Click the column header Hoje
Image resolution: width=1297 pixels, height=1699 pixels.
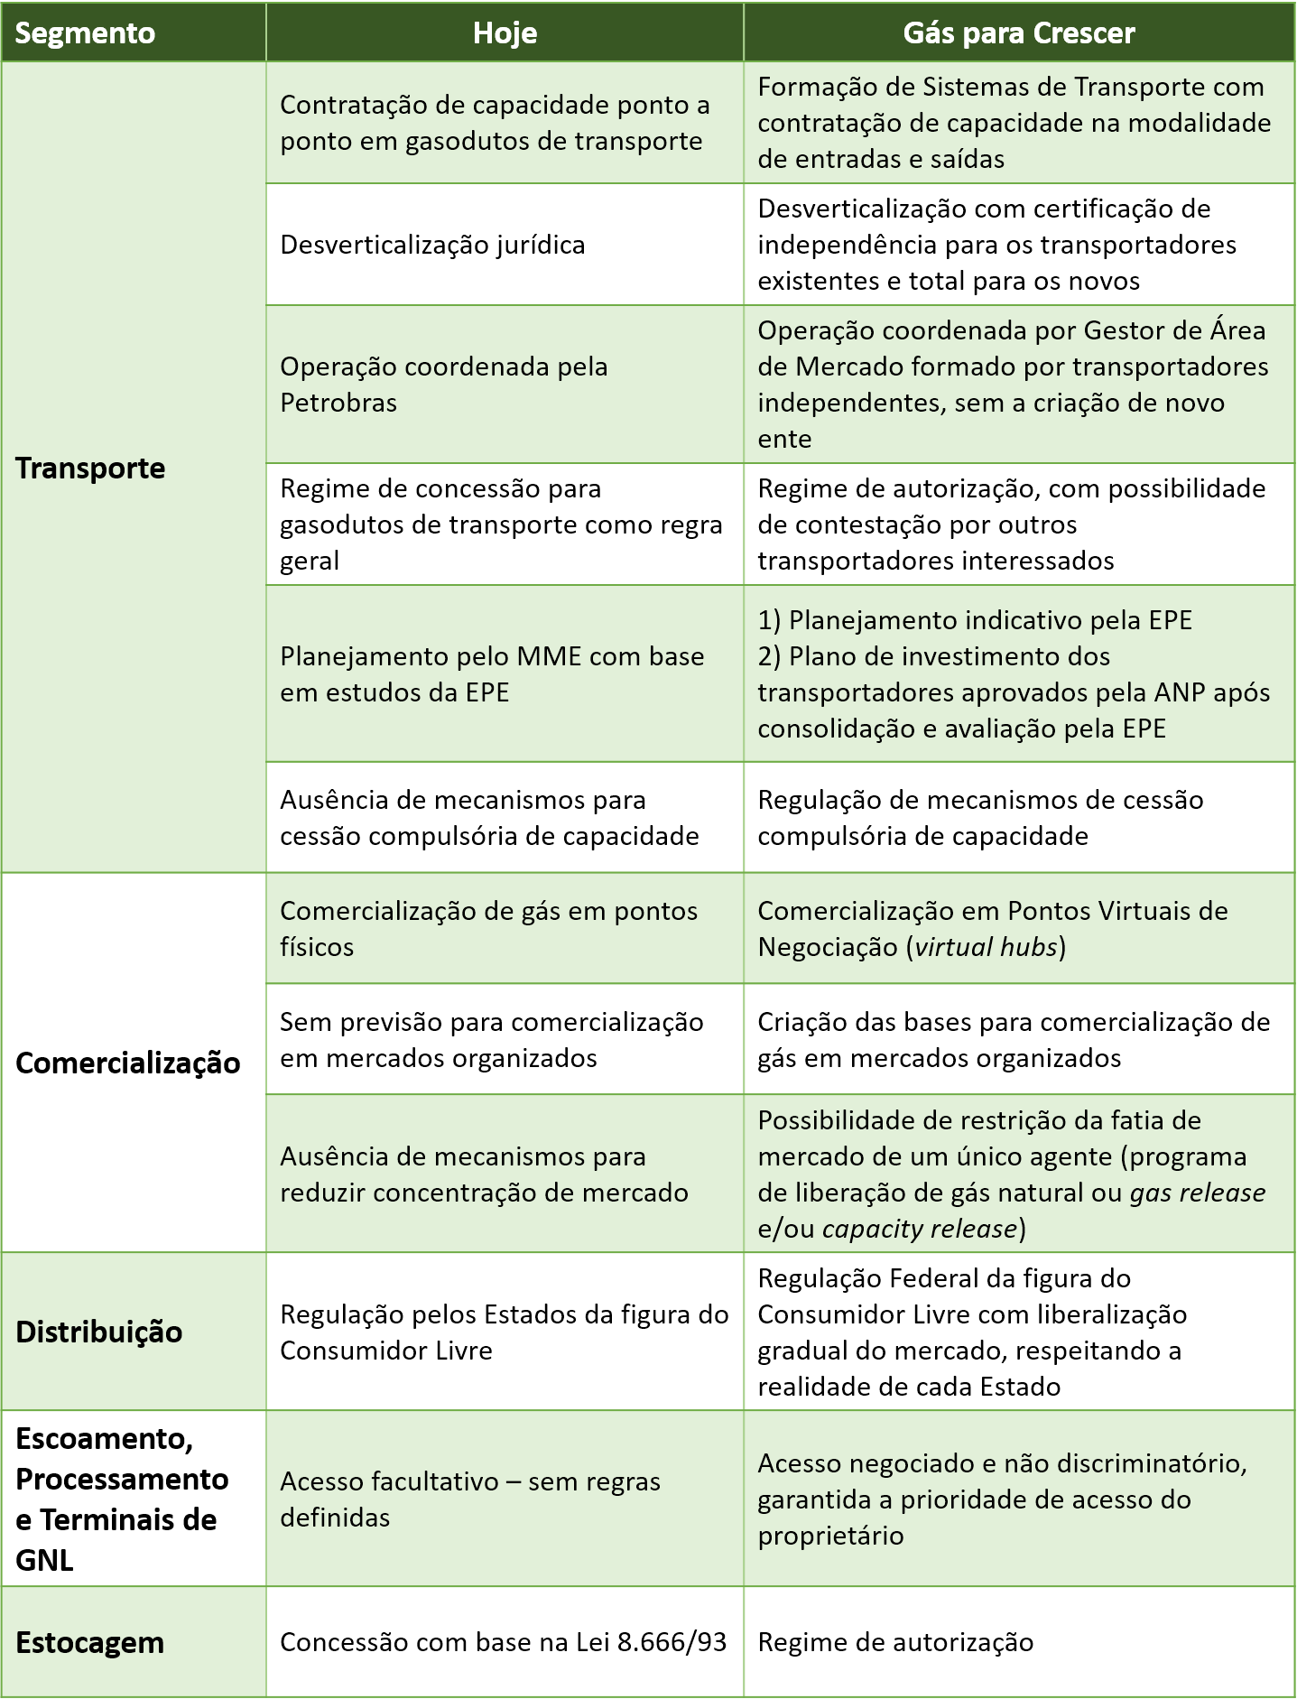click(505, 33)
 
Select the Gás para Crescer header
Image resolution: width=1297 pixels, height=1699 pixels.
click(1018, 33)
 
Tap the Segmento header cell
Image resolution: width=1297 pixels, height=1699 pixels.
click(85, 33)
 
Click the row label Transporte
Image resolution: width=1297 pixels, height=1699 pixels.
click(90, 469)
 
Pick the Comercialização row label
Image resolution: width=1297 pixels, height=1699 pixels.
click(128, 1063)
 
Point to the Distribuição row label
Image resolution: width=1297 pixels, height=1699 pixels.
click(99, 1332)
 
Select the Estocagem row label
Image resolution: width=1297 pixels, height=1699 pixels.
click(90, 1643)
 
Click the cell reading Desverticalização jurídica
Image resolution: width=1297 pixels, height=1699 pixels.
click(432, 245)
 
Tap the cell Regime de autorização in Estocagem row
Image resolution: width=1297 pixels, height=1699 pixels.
click(895, 1642)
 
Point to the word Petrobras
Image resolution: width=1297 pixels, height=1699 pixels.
click(338, 403)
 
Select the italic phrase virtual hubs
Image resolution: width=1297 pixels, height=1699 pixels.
click(986, 947)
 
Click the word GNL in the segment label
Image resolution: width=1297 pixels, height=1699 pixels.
click(44, 1560)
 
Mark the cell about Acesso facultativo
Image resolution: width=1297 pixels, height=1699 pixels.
click(469, 1499)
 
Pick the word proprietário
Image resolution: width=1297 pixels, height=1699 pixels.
click(830, 1536)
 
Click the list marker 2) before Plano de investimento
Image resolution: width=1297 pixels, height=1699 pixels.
click(769, 656)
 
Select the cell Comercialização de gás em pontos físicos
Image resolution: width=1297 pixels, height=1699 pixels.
click(488, 929)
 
